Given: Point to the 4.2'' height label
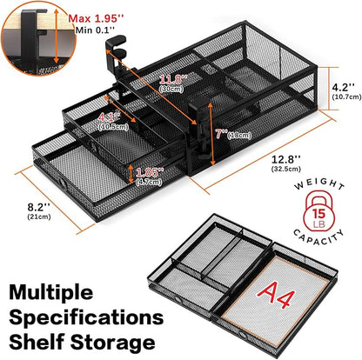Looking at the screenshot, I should point(342,86).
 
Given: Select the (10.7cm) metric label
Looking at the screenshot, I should point(341,97).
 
